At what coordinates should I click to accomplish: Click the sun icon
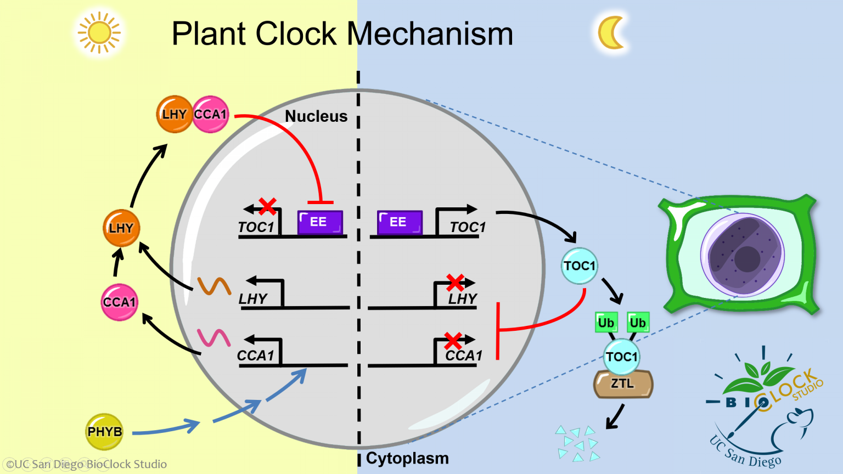[99, 33]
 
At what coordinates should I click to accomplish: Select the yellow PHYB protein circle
[104, 432]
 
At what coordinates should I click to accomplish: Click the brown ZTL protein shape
[623, 384]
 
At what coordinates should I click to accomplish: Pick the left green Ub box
[606, 323]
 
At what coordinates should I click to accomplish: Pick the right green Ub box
[638, 323]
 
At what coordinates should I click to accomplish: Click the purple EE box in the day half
[320, 222]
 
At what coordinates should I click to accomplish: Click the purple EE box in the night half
[400, 222]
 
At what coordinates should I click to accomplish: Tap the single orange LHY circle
[121, 228]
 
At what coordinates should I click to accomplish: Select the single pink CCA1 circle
[119, 302]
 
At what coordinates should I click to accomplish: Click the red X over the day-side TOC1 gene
[267, 207]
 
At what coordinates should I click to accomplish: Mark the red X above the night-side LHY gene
[455, 283]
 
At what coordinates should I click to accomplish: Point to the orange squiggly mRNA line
[214, 286]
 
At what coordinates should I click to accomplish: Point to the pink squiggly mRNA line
[213, 337]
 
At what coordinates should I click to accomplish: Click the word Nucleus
[316, 116]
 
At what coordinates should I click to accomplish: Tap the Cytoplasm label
[407, 458]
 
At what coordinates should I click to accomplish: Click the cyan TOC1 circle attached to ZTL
[621, 357]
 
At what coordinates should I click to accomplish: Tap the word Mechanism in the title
[430, 34]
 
